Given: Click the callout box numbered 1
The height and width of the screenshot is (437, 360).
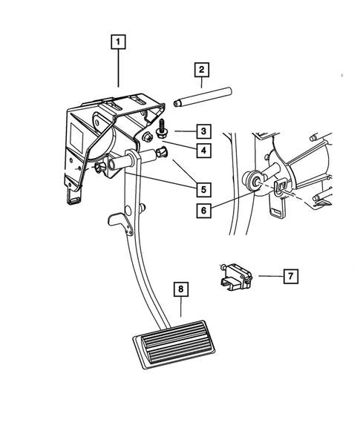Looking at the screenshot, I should tap(118, 42).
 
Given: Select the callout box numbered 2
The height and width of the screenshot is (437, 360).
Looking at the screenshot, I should tap(200, 71).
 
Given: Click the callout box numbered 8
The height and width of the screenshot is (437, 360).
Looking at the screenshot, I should tap(179, 289).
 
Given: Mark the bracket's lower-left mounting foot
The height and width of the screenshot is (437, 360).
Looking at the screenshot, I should tap(73, 197).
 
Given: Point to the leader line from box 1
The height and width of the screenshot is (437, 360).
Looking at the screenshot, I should tap(118, 70).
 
